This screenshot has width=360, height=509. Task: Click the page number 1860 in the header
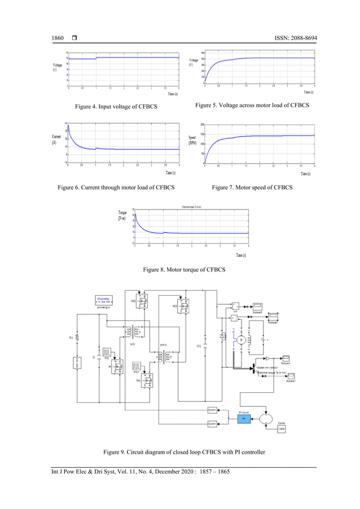point(58,38)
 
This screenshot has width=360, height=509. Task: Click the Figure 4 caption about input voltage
point(112,107)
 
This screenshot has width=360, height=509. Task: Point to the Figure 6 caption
point(112,187)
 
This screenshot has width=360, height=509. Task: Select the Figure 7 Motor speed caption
point(252,187)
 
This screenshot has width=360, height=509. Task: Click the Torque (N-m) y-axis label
point(122,215)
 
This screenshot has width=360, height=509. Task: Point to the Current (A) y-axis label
point(56,139)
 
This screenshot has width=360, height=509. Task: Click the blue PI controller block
point(243,419)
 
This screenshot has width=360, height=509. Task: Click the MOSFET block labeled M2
point(141,301)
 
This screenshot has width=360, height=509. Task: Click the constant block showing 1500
point(281,429)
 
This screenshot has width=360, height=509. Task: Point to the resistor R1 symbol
point(77,337)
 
